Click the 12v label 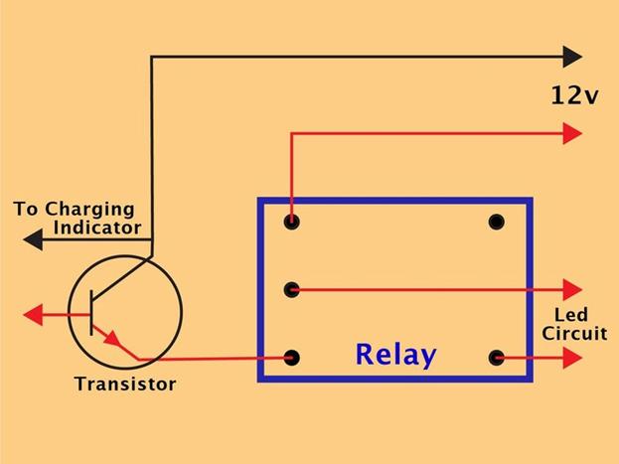click(574, 95)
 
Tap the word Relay click(396, 356)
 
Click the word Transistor click(125, 384)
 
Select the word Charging click(89, 210)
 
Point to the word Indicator click(97, 228)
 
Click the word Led click(571, 315)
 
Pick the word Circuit click(574, 333)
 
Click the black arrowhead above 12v click(572, 57)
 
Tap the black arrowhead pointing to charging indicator click(33, 239)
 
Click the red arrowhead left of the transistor click(33, 315)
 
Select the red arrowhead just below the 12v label click(572, 133)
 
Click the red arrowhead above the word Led click(572, 290)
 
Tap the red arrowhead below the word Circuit click(572, 358)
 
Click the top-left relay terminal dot click(292, 222)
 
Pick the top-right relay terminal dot click(496, 222)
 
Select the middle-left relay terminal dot click(292, 290)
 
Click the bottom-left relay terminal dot click(292, 358)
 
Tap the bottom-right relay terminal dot click(496, 358)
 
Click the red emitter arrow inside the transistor click(112, 339)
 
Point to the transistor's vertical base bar click(91, 313)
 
